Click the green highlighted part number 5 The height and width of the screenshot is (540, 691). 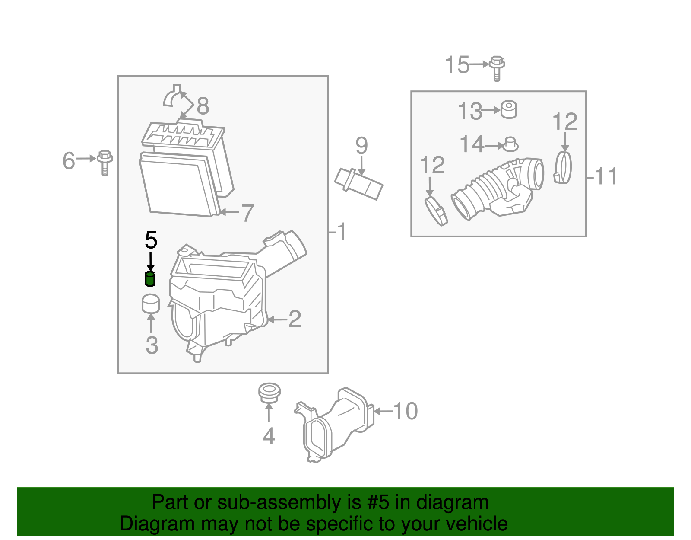[x=149, y=279]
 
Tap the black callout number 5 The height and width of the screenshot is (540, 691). [x=151, y=240]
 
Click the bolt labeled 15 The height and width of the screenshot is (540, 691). [x=497, y=68]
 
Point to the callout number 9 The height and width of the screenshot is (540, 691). [x=361, y=146]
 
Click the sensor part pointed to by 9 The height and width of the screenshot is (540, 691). [x=359, y=184]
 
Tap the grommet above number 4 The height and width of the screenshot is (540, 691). [x=269, y=392]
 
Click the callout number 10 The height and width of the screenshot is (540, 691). [x=405, y=411]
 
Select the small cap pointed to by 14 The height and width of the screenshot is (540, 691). [x=510, y=144]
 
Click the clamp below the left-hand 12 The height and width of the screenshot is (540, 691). [x=436, y=211]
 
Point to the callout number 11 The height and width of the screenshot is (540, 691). [x=605, y=176]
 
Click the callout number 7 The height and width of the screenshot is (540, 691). [x=247, y=213]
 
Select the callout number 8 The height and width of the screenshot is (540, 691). [x=203, y=106]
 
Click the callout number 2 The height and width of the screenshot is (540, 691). [x=295, y=320]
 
